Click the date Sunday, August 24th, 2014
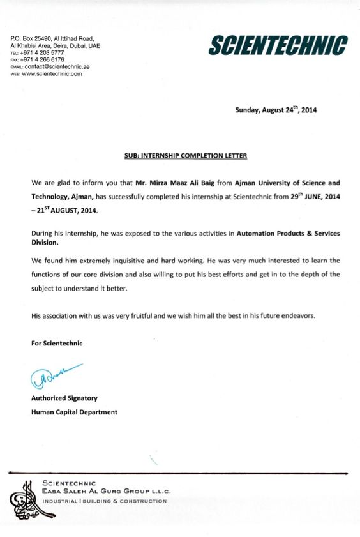point(276,110)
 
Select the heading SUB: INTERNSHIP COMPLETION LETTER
point(185,156)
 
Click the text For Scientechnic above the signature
point(57,343)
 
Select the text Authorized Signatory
point(64,398)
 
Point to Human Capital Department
point(74,412)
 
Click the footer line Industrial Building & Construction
point(104,501)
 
